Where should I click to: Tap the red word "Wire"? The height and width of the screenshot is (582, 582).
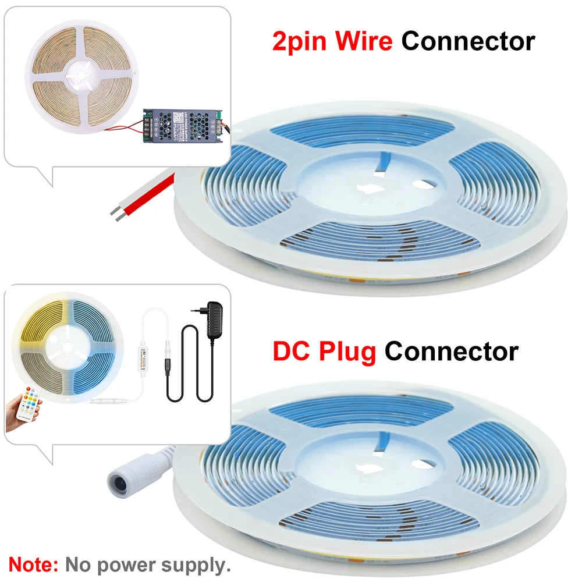364,41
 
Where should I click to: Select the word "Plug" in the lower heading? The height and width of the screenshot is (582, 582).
347,352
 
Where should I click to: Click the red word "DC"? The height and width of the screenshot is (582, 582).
292,351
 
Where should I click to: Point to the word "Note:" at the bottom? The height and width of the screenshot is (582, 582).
33,565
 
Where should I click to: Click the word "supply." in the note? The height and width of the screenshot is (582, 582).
196,566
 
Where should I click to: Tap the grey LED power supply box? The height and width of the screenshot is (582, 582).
183,126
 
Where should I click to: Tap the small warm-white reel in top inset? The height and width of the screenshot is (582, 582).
81,76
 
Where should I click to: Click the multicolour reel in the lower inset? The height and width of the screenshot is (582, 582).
68,348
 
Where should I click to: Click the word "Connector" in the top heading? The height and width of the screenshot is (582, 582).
468,41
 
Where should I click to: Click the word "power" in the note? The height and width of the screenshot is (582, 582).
126,566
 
